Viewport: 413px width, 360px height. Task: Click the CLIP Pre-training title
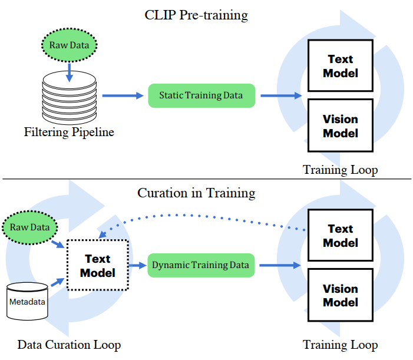click(196, 15)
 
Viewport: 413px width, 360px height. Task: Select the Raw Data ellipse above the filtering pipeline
click(70, 45)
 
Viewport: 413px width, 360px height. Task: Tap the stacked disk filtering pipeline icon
click(70, 98)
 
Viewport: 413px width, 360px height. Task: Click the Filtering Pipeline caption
click(69, 132)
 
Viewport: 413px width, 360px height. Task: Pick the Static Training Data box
click(201, 95)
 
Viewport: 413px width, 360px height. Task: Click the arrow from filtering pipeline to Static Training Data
click(123, 95)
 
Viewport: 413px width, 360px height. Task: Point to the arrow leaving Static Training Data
click(281, 95)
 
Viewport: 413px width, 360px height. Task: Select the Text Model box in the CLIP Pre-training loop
click(341, 65)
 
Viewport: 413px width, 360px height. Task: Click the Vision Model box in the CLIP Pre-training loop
click(341, 125)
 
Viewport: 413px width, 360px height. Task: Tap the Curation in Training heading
click(196, 193)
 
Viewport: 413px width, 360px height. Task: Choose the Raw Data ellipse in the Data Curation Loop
click(30, 227)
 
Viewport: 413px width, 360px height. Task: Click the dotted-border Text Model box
click(98, 265)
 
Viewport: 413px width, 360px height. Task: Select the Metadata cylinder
click(27, 301)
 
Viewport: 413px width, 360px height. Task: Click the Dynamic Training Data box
click(201, 265)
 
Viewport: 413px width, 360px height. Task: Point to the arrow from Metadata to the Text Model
click(57, 282)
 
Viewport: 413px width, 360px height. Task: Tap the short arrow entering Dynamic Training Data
click(137, 265)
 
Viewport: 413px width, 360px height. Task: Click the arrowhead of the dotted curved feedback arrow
click(102, 235)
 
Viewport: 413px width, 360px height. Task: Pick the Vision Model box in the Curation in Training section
click(341, 295)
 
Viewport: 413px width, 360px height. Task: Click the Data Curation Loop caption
click(69, 345)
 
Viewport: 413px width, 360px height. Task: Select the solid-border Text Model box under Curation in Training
click(341, 235)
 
